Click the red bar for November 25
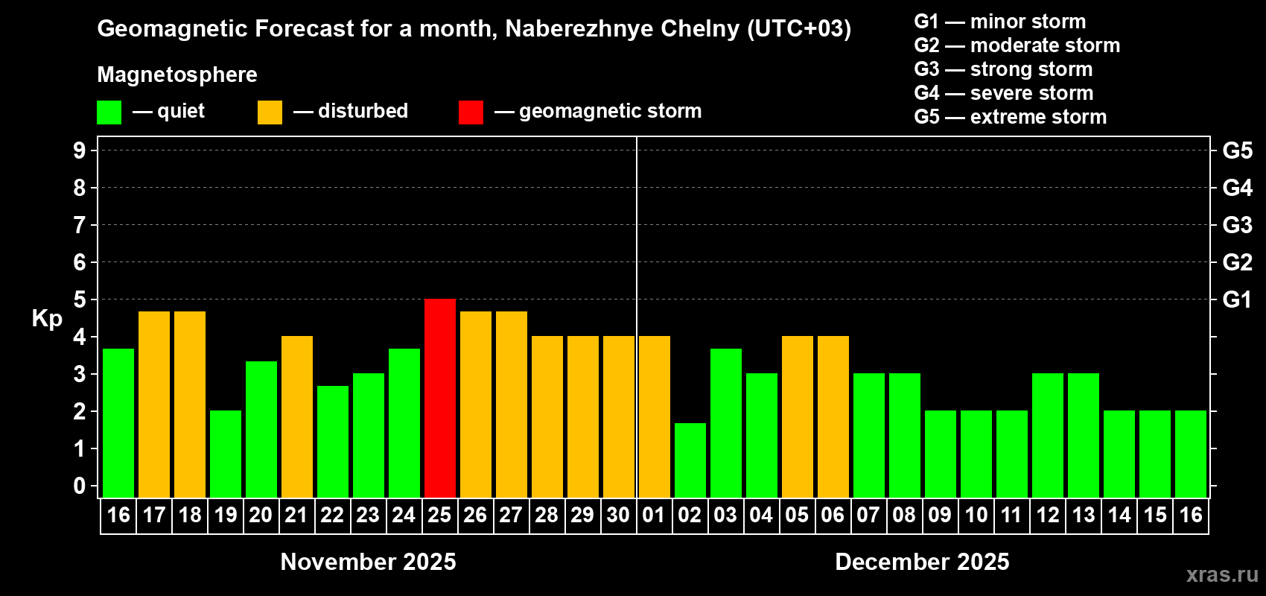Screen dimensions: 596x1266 pyautogui.click(x=440, y=398)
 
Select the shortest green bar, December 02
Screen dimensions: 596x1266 pyautogui.click(x=690, y=460)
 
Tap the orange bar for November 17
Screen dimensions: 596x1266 pyautogui.click(x=154, y=404)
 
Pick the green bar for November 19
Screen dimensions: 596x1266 pyautogui.click(x=226, y=454)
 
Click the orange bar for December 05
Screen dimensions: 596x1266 pyautogui.click(x=798, y=416)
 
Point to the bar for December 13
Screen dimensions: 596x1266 pyautogui.click(x=1084, y=435)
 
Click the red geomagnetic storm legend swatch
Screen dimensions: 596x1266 pyautogui.click(x=471, y=112)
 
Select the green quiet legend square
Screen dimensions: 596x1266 pyautogui.click(x=109, y=112)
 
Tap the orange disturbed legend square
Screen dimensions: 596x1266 pyautogui.click(x=270, y=112)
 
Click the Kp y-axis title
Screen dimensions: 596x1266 pyautogui.click(x=47, y=318)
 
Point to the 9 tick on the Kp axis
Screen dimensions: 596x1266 pyautogui.click(x=80, y=150)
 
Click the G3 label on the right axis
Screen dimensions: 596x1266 pyautogui.click(x=1237, y=225)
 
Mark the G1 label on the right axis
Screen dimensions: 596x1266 pyautogui.click(x=1237, y=299)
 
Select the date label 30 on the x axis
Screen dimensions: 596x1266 pyautogui.click(x=618, y=515)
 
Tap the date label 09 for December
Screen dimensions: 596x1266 pyautogui.click(x=940, y=515)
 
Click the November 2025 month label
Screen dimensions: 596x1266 pyautogui.click(x=368, y=562)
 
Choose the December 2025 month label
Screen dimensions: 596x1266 pyautogui.click(x=922, y=562)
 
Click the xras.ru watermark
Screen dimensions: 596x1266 pyautogui.click(x=1222, y=574)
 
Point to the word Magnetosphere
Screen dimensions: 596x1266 pyautogui.click(x=177, y=74)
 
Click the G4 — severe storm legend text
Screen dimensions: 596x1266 pyautogui.click(x=1004, y=93)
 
